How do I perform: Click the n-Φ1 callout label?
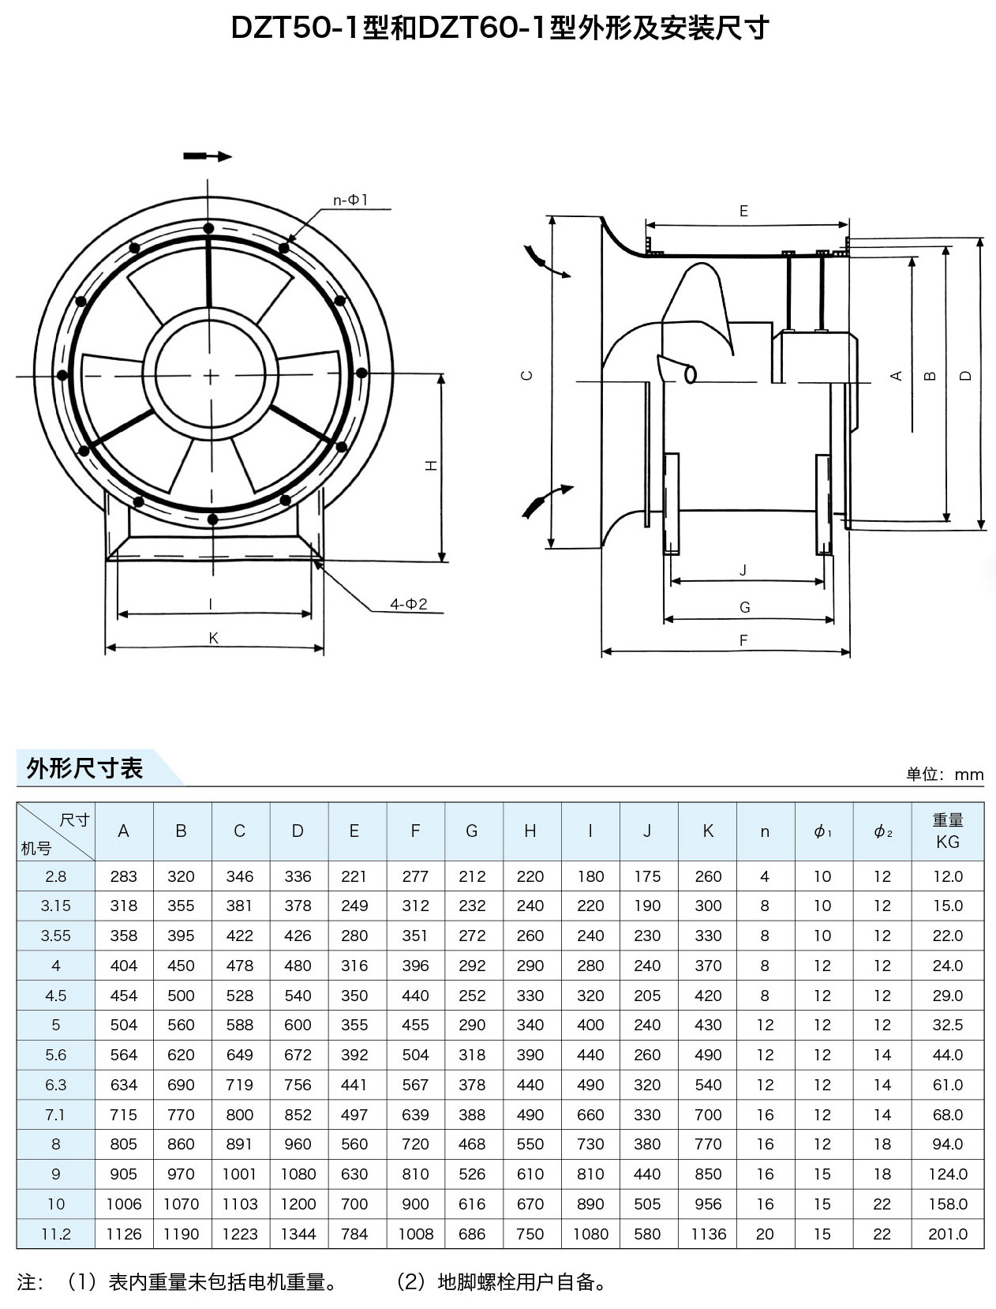pos(350,201)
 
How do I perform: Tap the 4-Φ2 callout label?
pos(408,604)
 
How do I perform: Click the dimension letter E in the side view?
pos(743,211)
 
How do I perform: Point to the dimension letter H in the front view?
pos(432,467)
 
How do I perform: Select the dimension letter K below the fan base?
pos(213,638)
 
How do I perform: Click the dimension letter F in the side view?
pos(743,640)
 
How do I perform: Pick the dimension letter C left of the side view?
pos(528,376)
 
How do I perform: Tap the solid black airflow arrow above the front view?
pos(208,156)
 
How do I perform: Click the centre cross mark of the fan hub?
pos(211,376)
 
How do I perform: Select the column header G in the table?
pos(472,831)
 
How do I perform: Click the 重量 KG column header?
pos(947,831)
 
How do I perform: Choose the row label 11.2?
pos(55,1234)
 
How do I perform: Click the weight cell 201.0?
pos(947,1234)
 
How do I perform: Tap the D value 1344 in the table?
pos(298,1234)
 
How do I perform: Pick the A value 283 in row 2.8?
pos(123,876)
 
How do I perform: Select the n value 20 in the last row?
pos(764,1234)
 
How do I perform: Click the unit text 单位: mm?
pos(945,775)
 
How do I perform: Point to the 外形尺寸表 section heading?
pos(84,768)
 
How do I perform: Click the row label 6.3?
pos(55,1085)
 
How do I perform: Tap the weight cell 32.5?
pos(947,1025)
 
